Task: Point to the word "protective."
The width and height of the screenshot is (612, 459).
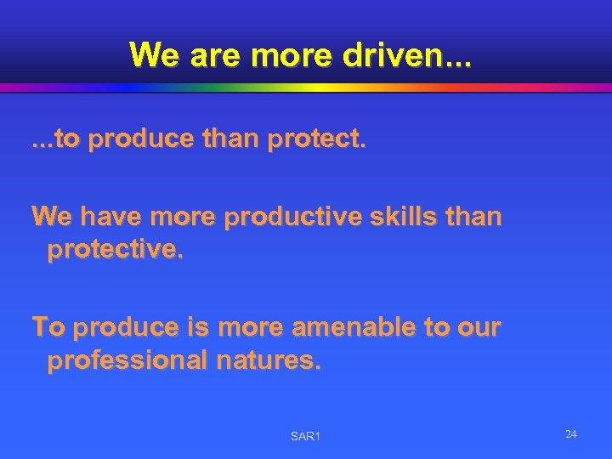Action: pyautogui.click(x=115, y=251)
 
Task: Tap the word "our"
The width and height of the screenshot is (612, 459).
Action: pyautogui.click(x=479, y=327)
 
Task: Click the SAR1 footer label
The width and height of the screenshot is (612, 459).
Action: pyautogui.click(x=305, y=436)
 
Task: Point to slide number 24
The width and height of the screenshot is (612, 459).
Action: pyautogui.click(x=570, y=434)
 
